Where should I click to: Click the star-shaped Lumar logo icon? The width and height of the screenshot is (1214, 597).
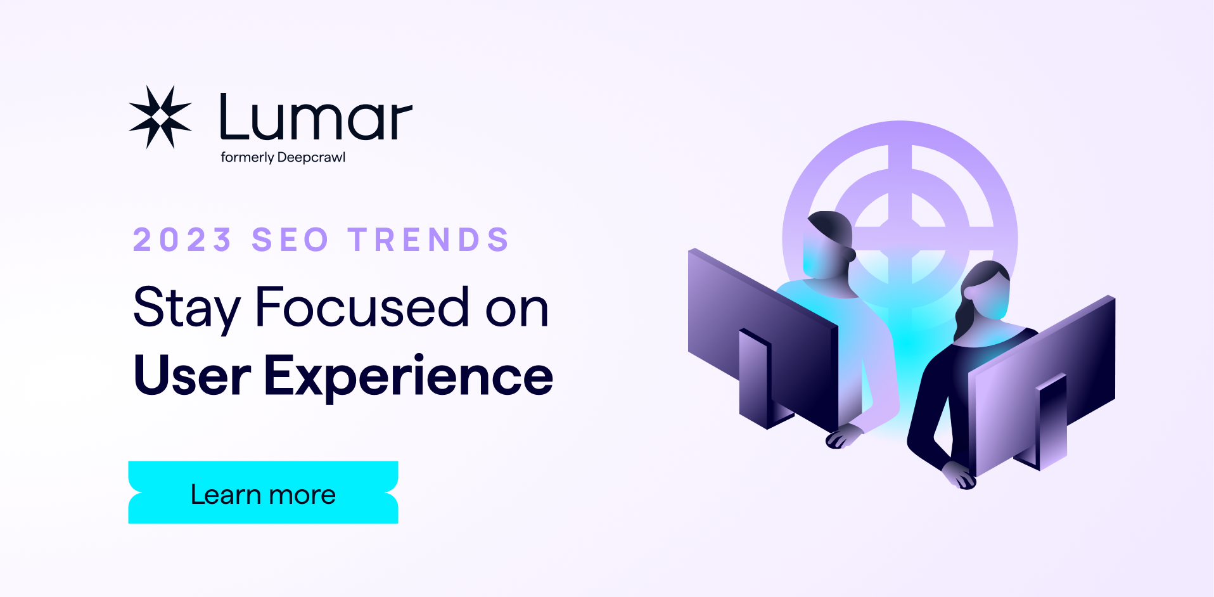[160, 117]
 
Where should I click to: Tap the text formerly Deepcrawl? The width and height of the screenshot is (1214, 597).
[283, 157]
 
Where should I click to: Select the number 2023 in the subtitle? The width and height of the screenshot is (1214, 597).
[182, 240]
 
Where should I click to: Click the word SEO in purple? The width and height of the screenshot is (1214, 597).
[290, 240]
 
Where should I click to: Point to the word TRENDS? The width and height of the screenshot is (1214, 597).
[429, 240]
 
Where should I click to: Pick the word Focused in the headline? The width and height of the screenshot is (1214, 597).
[362, 307]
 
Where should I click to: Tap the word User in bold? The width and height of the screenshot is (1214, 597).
[192, 376]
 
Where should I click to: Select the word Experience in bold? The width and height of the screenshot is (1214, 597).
[408, 376]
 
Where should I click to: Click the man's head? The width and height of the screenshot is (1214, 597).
[827, 246]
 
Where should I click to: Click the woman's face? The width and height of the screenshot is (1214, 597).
[988, 296]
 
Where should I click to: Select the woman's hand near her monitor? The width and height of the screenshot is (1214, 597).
[959, 475]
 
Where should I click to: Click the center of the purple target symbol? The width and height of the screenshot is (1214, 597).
[900, 240]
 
